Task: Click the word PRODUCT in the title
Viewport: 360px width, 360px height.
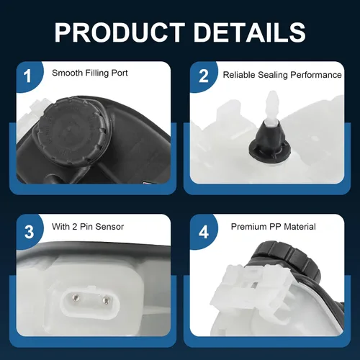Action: coord(120,32)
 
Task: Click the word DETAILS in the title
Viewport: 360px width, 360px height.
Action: coord(250,32)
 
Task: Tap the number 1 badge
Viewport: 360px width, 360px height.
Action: coord(28,76)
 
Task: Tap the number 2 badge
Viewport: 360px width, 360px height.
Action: coord(204,76)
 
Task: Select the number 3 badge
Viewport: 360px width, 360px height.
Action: coord(29,232)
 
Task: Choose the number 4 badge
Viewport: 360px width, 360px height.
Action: coord(204,232)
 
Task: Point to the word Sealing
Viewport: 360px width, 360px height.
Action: coord(273,75)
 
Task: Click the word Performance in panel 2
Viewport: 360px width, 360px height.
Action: coord(316,75)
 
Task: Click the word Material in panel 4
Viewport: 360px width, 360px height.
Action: coord(300,227)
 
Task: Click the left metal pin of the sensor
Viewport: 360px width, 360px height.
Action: coord(76,297)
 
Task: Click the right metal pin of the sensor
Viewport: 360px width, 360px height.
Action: coord(105,300)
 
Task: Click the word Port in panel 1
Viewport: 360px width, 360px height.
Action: coord(120,73)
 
